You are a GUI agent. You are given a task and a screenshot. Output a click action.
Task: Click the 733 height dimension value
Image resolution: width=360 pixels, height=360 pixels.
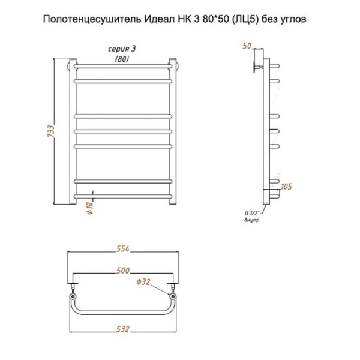[51, 131]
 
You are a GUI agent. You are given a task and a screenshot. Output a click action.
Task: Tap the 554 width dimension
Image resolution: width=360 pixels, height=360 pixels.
[123, 248]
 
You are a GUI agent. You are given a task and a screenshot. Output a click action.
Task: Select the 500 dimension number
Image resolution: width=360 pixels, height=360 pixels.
[123, 271]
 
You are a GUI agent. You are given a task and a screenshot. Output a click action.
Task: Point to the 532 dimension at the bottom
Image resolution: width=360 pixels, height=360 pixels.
[123, 329]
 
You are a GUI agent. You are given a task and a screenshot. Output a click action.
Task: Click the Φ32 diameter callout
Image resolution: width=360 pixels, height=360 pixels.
[143, 281]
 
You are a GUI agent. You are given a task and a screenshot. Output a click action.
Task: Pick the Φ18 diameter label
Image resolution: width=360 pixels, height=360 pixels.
[90, 208]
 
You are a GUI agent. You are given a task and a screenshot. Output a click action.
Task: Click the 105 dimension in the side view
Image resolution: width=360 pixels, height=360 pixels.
[286, 187]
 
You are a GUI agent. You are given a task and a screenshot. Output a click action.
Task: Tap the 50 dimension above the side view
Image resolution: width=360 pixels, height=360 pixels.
[247, 46]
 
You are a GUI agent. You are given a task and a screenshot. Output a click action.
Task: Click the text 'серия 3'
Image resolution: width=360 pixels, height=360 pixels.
[122, 49]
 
